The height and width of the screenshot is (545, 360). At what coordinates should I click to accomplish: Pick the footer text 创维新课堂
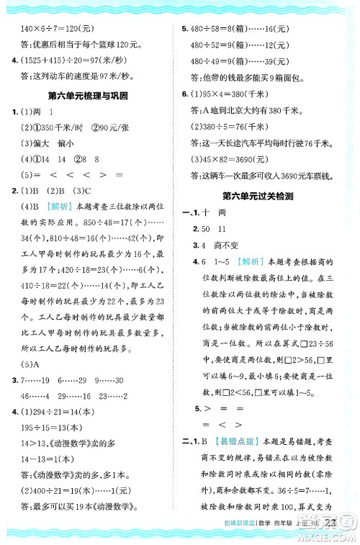tap(261, 529)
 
